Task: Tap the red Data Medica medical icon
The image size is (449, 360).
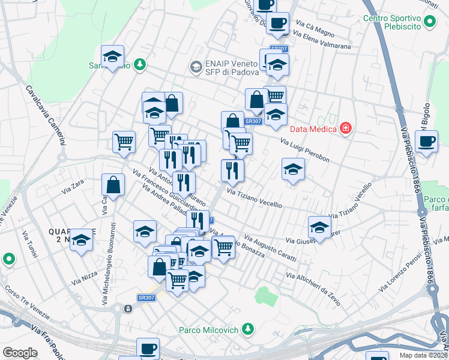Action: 345,128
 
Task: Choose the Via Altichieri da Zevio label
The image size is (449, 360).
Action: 313,289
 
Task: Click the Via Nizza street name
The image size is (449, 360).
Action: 85,277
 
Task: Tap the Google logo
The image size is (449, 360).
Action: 20,352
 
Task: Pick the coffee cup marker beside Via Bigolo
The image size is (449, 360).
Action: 426,143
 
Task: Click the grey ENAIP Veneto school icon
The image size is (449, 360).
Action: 195,67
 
